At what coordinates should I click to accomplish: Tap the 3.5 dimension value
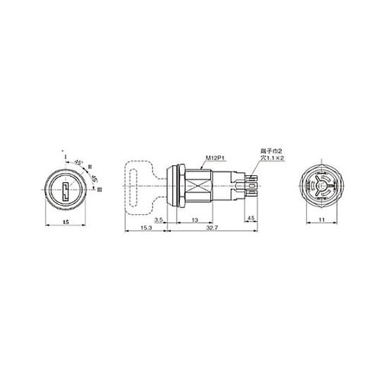tap(158, 219)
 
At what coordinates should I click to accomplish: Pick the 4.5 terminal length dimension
tap(251, 219)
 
